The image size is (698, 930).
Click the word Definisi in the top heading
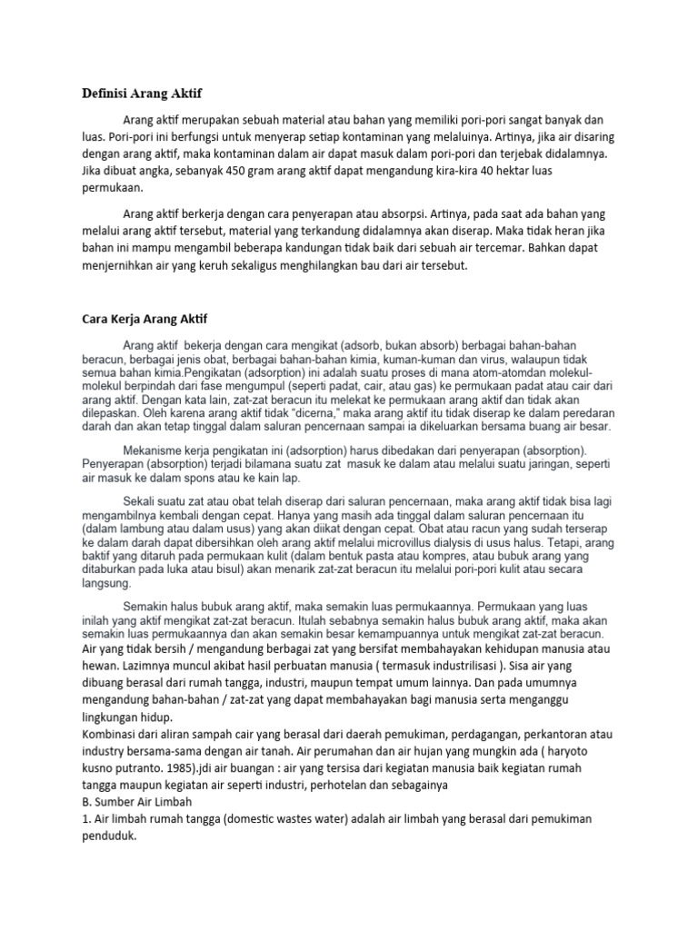coord(101,93)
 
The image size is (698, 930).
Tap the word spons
coord(197,478)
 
